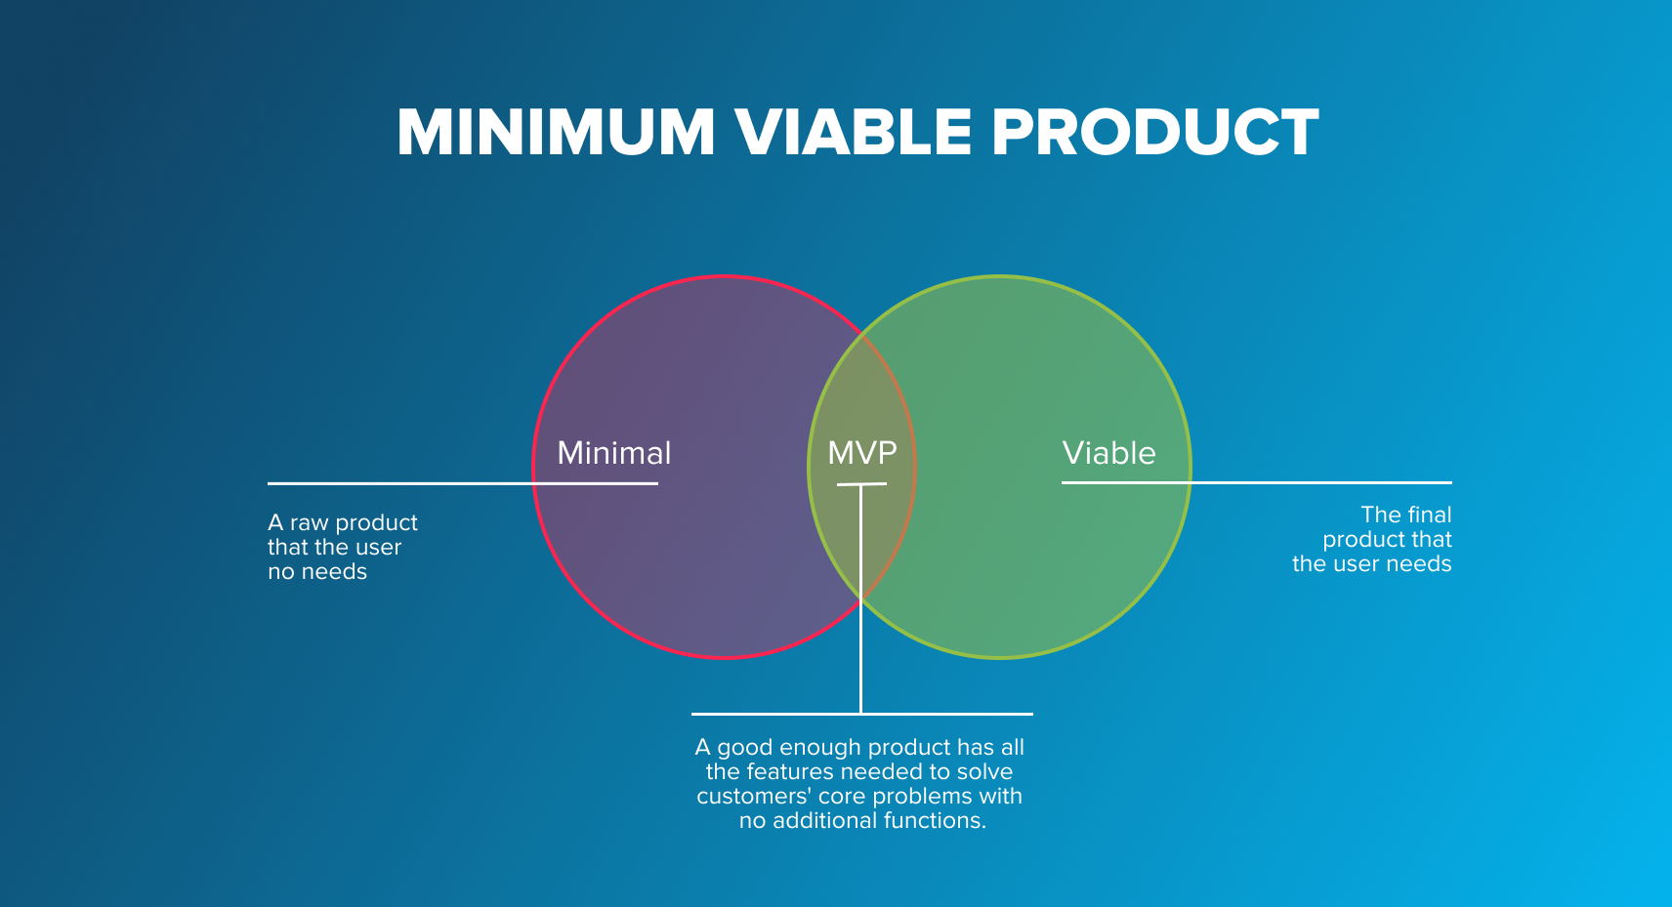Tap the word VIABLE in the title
pos(853,132)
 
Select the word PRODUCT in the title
pos(1155,132)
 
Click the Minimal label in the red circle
pos(613,453)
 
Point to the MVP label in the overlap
pos(861,453)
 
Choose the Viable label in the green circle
pos(1108,453)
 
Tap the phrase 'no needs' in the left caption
pos(317,572)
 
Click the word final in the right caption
pos(1429,515)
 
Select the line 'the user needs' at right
pos(1371,564)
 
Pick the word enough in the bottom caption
pos(820,748)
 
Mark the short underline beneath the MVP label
pos(861,484)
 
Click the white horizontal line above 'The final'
pos(1318,482)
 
